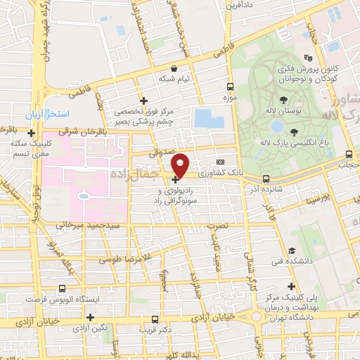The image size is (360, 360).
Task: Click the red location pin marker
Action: click(x=181, y=165)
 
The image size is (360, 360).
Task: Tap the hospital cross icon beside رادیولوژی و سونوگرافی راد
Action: click(x=175, y=179)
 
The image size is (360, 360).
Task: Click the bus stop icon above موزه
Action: click(x=230, y=87)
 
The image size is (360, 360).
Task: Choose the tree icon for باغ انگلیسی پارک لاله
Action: click(x=294, y=131)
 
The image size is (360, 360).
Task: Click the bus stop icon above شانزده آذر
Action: click(x=266, y=179)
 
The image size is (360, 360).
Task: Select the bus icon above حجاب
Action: click(x=349, y=154)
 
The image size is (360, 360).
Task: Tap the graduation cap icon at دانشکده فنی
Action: click(x=291, y=251)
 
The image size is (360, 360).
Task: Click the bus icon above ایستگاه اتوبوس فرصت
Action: click(x=63, y=288)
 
